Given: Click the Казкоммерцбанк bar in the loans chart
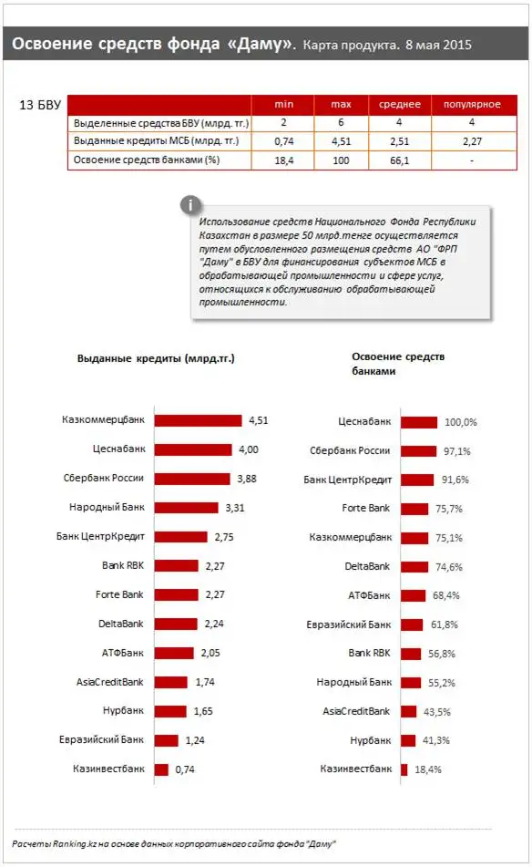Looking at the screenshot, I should [x=198, y=420].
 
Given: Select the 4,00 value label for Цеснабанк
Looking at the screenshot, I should [x=249, y=449].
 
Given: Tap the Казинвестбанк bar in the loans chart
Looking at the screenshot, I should [x=161, y=769].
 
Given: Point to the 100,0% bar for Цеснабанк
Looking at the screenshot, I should [x=419, y=422].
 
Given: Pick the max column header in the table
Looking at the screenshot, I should [x=343, y=104].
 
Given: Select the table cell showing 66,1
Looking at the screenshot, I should [x=399, y=160].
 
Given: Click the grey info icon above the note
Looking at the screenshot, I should [x=189, y=203].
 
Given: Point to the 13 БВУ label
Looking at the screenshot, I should [x=41, y=105].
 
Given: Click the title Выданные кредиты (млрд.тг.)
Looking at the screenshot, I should [x=156, y=358].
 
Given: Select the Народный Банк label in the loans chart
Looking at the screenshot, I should [x=107, y=507].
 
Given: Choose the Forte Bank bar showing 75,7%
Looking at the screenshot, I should [x=414, y=509].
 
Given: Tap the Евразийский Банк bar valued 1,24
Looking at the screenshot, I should [x=166, y=740].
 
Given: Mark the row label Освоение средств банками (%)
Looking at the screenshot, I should [x=137, y=160].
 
